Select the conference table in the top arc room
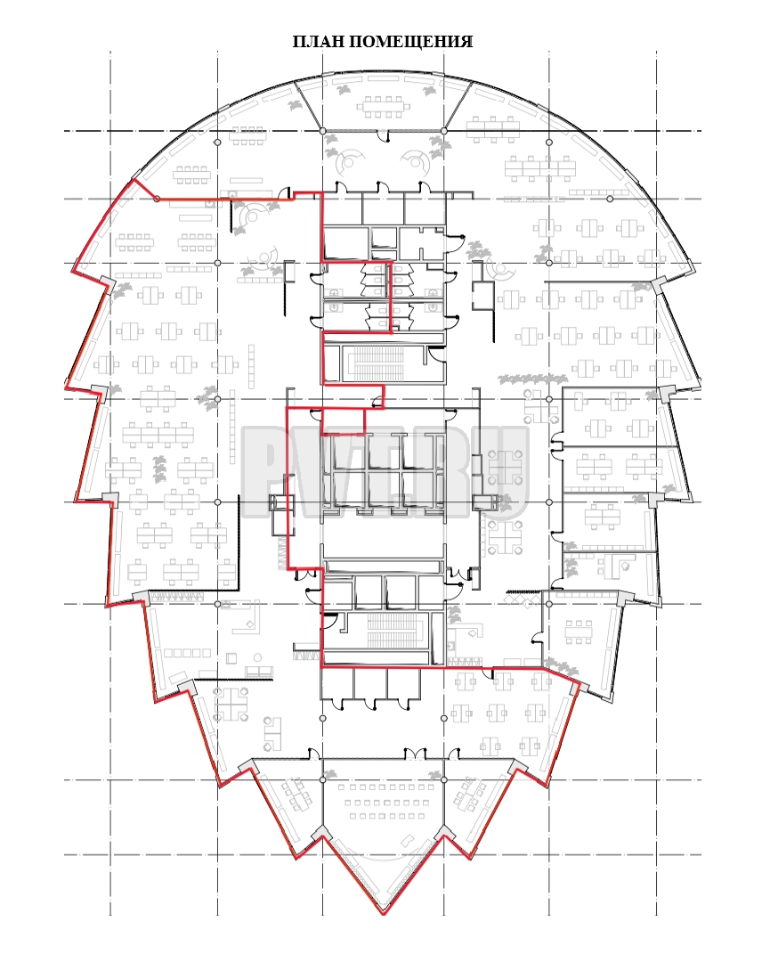383,106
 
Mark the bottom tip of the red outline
384,915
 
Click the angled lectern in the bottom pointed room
407,840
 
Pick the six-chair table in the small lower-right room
580,632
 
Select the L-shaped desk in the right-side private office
614,565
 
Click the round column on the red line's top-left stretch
157,199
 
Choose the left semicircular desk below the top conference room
350,160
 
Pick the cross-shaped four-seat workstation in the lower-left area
231,703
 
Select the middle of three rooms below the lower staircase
370,683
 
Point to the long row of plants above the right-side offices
532,379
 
